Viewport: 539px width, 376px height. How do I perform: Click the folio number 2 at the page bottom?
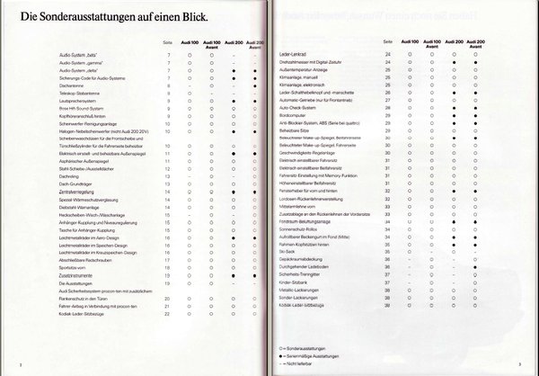(x=21, y=363)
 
